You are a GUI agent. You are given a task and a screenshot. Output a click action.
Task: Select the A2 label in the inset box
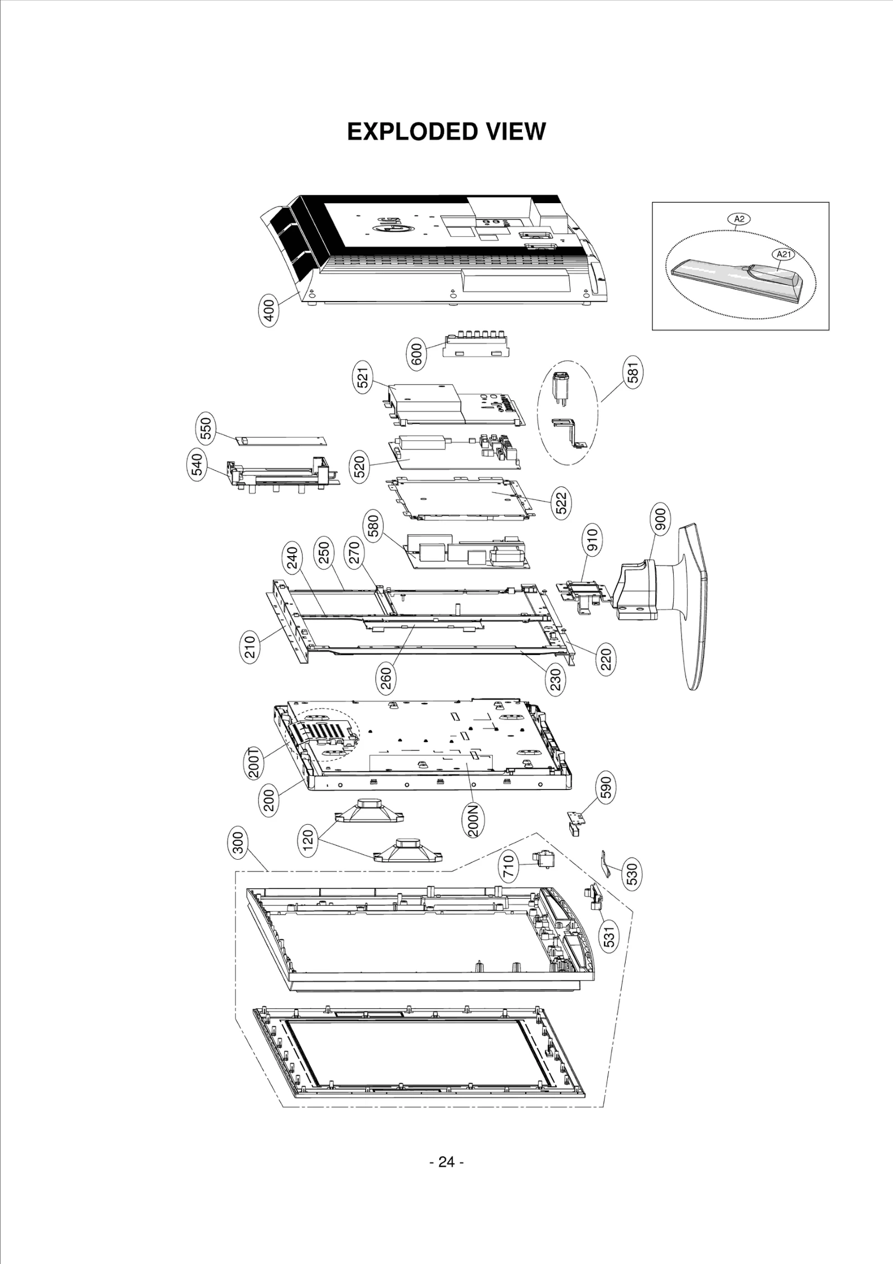[x=739, y=219]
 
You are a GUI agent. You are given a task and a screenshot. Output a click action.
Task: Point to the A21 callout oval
[x=783, y=254]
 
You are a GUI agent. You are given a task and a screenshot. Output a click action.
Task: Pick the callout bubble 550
[x=206, y=429]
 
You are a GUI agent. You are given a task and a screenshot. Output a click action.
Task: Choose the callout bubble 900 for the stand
[x=660, y=520]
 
